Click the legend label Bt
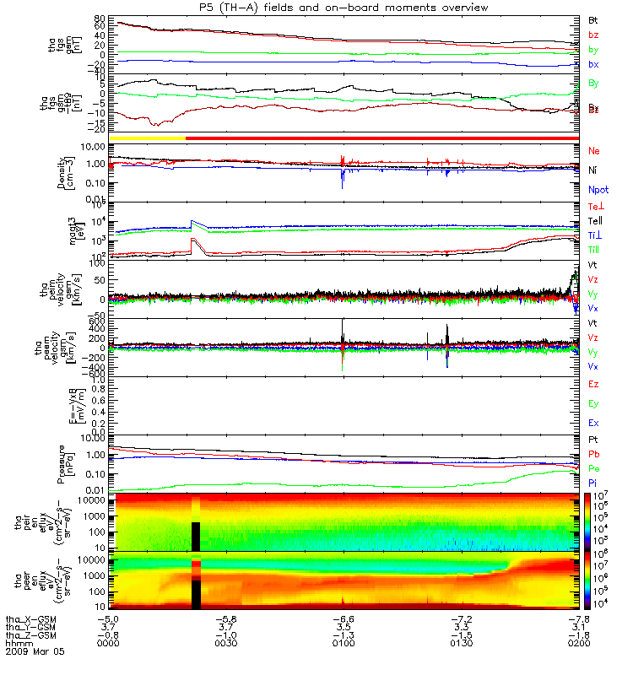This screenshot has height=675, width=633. (594, 19)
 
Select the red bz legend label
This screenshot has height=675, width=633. (593, 35)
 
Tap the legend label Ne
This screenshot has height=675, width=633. (594, 150)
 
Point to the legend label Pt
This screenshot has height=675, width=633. (593, 440)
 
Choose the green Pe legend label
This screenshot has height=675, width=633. (593, 467)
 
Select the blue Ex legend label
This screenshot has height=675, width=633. (593, 423)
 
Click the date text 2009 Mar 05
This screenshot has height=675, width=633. (35, 652)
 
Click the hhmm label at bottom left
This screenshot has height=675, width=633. (15, 645)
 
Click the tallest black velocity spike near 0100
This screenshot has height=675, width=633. (343, 322)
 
